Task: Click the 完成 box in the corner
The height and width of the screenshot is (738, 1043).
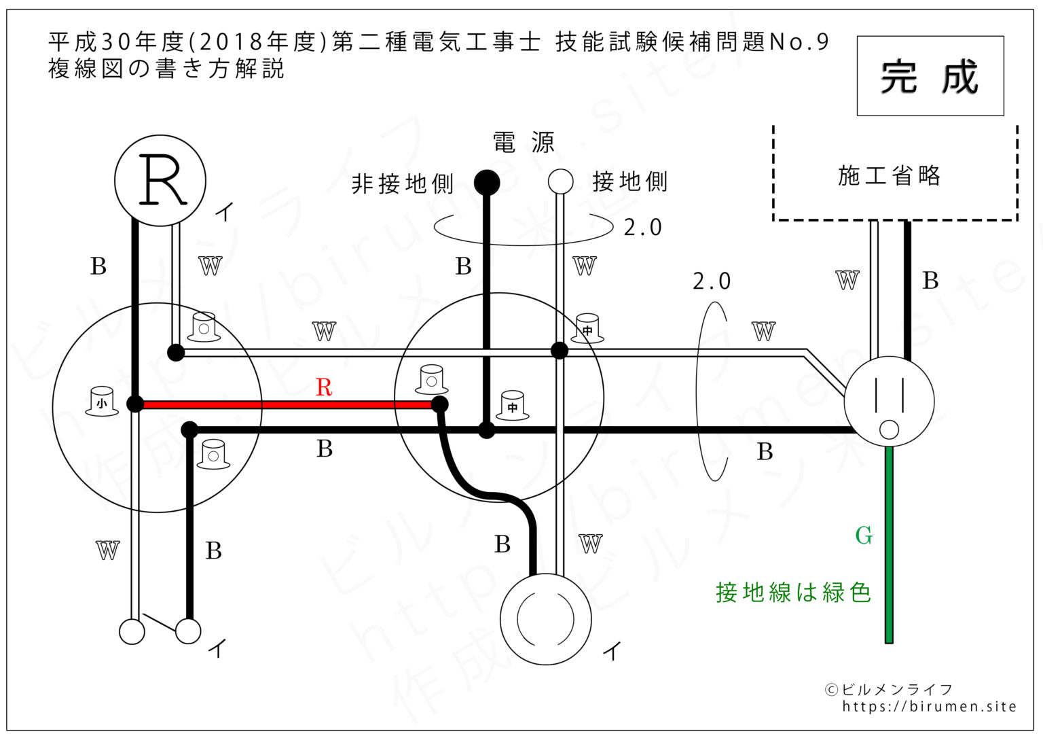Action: (x=930, y=76)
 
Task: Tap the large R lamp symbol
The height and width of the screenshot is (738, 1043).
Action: (x=160, y=181)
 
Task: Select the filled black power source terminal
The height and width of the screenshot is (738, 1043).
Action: (x=487, y=181)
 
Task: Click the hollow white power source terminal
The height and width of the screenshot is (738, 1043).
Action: (x=560, y=181)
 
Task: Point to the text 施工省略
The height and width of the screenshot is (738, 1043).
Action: (x=889, y=175)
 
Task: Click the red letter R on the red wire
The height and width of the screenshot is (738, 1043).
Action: (x=324, y=387)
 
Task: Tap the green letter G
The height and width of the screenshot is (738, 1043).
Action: (x=864, y=535)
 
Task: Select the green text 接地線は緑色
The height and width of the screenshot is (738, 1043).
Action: (x=793, y=592)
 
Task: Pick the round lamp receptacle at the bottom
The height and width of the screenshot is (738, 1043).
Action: (x=545, y=619)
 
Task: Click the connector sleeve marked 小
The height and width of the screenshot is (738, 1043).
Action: (x=102, y=402)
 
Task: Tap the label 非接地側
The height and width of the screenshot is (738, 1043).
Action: (x=402, y=183)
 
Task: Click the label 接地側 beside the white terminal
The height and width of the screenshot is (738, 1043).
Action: (x=630, y=181)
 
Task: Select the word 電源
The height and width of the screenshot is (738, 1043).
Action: (x=524, y=143)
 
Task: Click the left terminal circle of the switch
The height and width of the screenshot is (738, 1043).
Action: (x=132, y=631)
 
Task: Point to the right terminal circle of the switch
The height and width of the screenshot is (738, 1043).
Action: (x=188, y=631)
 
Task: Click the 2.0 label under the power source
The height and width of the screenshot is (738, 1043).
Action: (x=642, y=227)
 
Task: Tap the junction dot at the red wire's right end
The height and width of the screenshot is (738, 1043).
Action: (x=440, y=405)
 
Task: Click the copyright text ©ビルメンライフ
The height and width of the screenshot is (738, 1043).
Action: (x=889, y=689)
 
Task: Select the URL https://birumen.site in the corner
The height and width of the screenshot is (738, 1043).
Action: (x=929, y=707)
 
